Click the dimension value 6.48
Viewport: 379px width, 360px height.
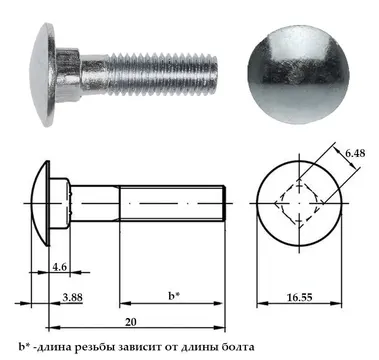[x=355, y=153]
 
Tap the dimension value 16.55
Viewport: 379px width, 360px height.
[x=300, y=297]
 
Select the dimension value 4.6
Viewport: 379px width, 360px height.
[x=60, y=266]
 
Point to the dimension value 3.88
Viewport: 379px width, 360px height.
[x=72, y=297]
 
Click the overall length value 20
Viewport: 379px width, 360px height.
[x=131, y=322]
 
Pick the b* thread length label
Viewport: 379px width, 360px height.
[x=174, y=296]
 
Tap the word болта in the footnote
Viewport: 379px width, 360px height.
[x=238, y=347]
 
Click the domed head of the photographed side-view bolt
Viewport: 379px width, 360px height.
[x=42, y=74]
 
